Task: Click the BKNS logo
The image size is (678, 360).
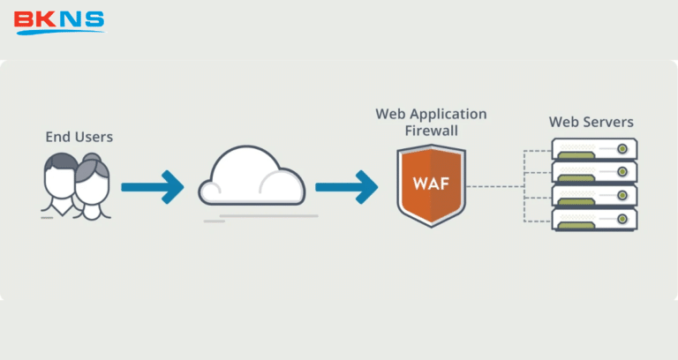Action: pos(59,21)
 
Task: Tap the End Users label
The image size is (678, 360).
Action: pos(79,138)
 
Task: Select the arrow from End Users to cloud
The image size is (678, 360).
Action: pos(152,186)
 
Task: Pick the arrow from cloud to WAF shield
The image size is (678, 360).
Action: pos(346,186)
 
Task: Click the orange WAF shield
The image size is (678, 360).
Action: pos(430,186)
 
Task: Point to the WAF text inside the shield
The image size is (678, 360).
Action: pos(430,184)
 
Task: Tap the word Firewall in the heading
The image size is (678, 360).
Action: pos(431,131)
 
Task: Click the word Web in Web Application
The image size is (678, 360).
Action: pos(391,114)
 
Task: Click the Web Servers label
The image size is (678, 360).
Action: pos(591,122)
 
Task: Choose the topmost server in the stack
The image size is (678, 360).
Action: pos(594,148)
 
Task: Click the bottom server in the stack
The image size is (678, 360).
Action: pos(594,220)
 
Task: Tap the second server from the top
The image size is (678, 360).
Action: pos(594,172)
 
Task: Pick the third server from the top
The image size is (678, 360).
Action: pos(594,196)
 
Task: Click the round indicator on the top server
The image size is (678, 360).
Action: pos(623,148)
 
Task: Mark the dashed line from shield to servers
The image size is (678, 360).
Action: pos(494,186)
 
